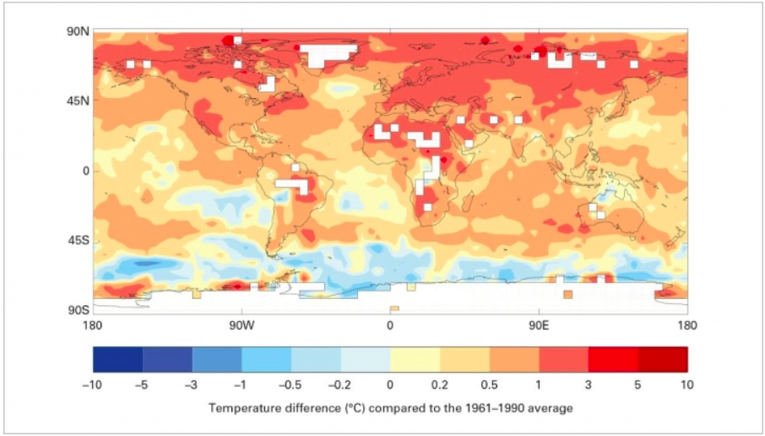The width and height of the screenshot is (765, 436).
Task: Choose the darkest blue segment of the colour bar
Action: [117, 360]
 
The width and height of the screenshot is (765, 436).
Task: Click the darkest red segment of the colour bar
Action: [663, 360]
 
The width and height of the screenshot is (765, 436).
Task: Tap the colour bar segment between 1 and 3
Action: [563, 360]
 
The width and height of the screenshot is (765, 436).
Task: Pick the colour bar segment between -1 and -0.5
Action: [266, 360]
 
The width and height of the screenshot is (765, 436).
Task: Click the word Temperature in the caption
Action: [239, 409]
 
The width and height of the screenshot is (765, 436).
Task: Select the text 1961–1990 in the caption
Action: [501, 409]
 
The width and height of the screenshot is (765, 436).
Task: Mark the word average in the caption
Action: [552, 409]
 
